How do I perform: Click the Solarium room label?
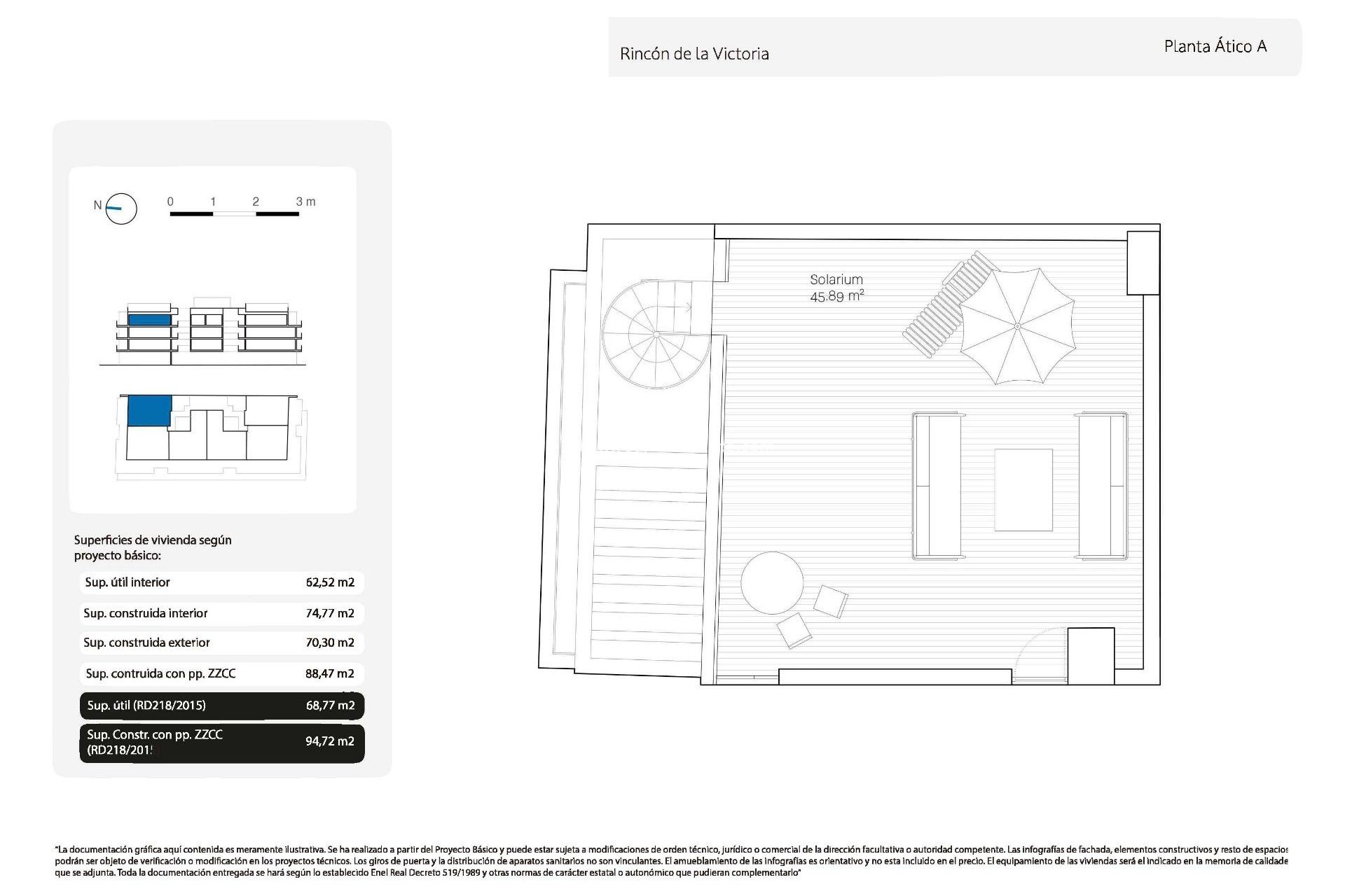click(836, 279)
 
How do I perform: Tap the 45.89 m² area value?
click(836, 296)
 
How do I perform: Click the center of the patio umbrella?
click(1017, 326)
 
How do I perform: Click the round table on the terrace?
click(772, 582)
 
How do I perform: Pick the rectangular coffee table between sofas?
click(1023, 490)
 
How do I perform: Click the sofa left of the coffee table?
click(937, 486)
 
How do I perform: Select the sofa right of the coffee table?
click(1102, 486)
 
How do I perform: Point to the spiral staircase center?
click(656, 335)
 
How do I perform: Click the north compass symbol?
click(120, 208)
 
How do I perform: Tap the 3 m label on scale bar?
click(305, 202)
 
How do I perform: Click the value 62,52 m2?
click(330, 582)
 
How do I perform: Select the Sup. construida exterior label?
click(146, 643)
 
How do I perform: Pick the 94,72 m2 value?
click(330, 741)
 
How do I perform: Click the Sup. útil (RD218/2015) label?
click(146, 706)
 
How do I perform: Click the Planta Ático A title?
click(1215, 46)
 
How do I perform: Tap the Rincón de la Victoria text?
click(694, 54)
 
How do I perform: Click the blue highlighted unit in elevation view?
click(149, 320)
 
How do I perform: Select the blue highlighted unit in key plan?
click(149, 409)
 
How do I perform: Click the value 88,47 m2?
click(330, 673)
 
